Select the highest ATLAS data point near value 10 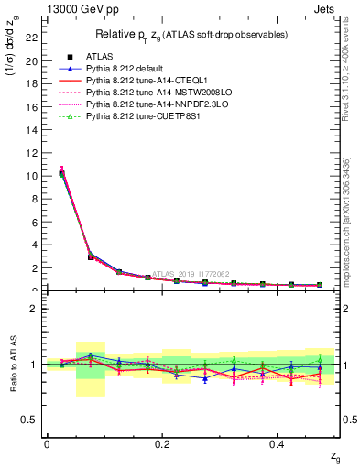61,174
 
